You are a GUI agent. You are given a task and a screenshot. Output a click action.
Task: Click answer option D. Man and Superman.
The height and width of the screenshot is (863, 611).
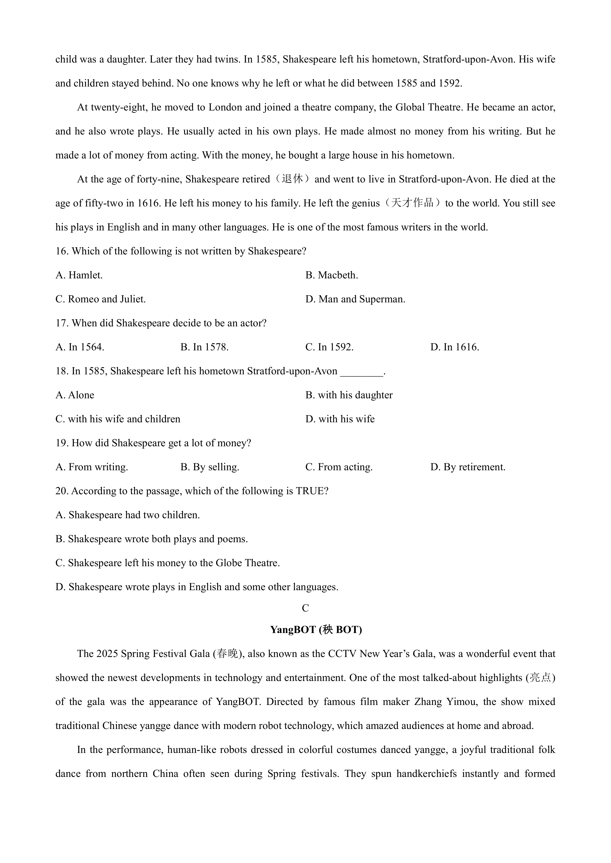pyautogui.click(x=355, y=299)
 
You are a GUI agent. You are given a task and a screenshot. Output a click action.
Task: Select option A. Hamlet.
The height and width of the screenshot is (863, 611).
pyautogui.click(x=79, y=275)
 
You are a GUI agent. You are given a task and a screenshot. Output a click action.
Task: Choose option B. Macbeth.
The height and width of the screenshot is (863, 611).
pyautogui.click(x=331, y=275)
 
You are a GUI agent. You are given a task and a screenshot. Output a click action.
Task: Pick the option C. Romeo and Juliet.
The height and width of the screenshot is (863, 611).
pyautogui.click(x=100, y=299)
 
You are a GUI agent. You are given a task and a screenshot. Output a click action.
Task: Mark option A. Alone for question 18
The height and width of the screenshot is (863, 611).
pyautogui.click(x=75, y=395)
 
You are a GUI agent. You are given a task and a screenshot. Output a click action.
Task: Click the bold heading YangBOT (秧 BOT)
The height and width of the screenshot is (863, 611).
pyautogui.click(x=316, y=630)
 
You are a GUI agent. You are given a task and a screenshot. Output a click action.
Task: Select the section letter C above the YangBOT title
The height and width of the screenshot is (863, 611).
pyautogui.click(x=305, y=608)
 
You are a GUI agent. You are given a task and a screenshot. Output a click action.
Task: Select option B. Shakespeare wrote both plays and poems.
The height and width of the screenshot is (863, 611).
pyautogui.click(x=152, y=539)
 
